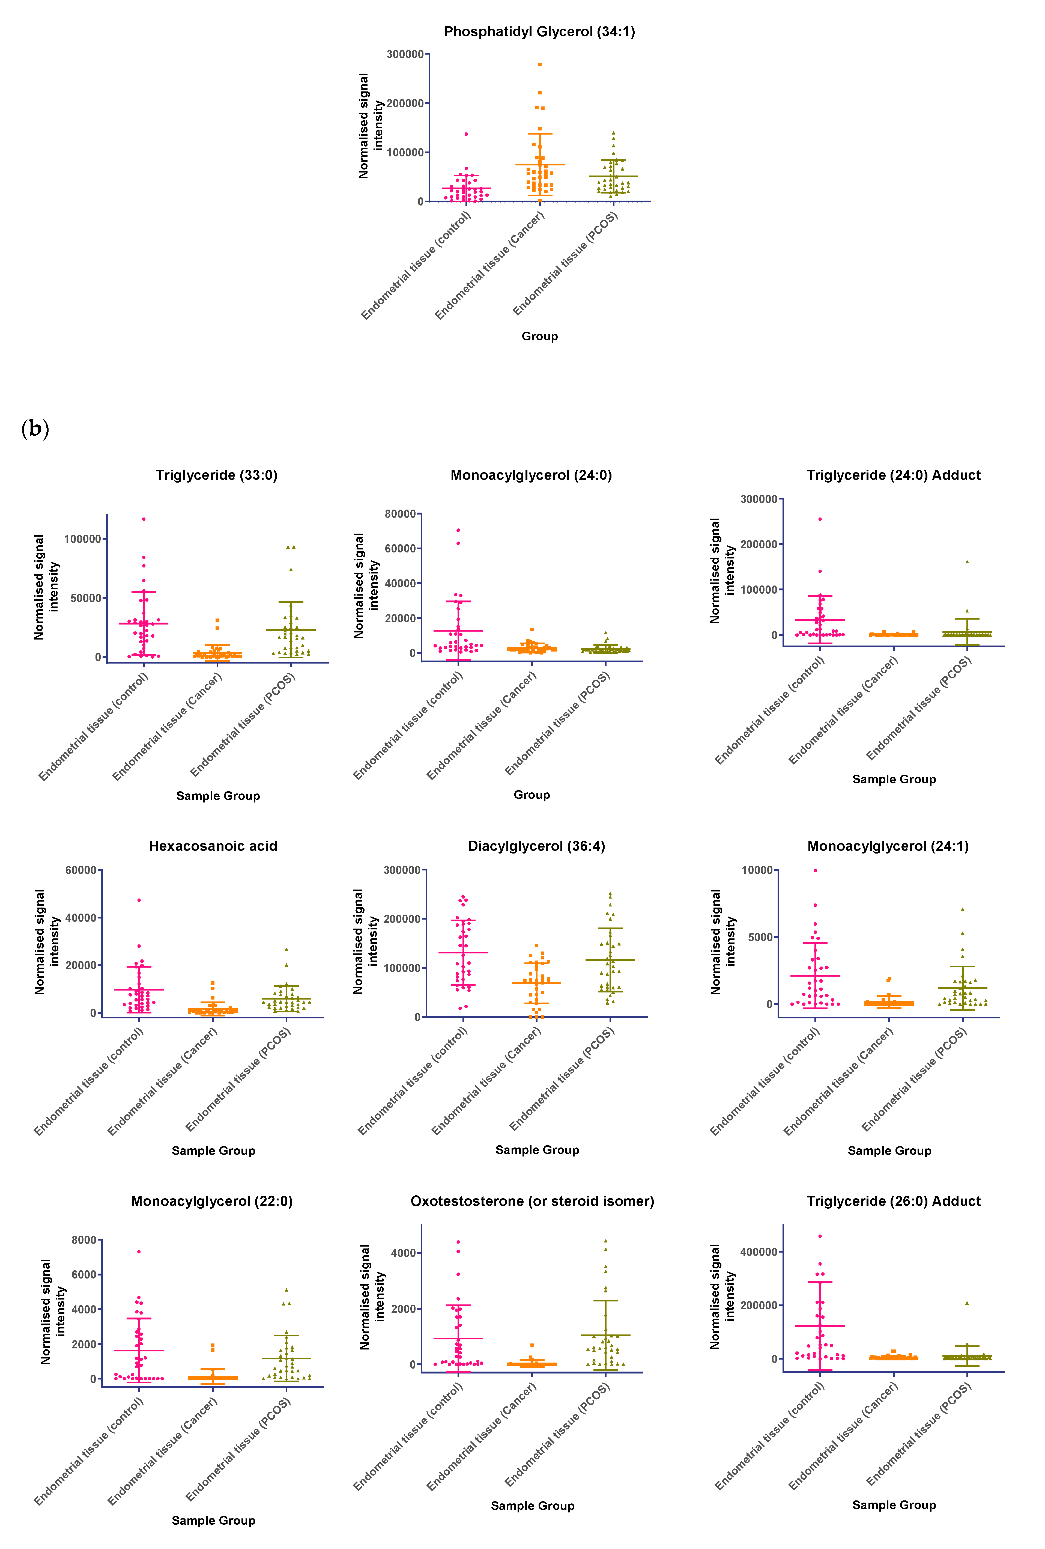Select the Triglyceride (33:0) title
(x=217, y=475)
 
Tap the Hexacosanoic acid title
(x=213, y=846)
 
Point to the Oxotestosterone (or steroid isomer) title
(x=532, y=1201)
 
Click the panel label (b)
(x=35, y=429)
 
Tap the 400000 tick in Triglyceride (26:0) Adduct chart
(x=759, y=1252)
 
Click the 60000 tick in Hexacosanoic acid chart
(x=81, y=870)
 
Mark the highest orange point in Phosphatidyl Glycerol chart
(x=540, y=65)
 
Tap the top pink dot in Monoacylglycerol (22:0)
(x=139, y=1252)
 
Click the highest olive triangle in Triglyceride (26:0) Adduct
(x=967, y=1303)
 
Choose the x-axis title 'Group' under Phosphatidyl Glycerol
(x=539, y=336)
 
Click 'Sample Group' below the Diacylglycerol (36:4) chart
(x=537, y=1150)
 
